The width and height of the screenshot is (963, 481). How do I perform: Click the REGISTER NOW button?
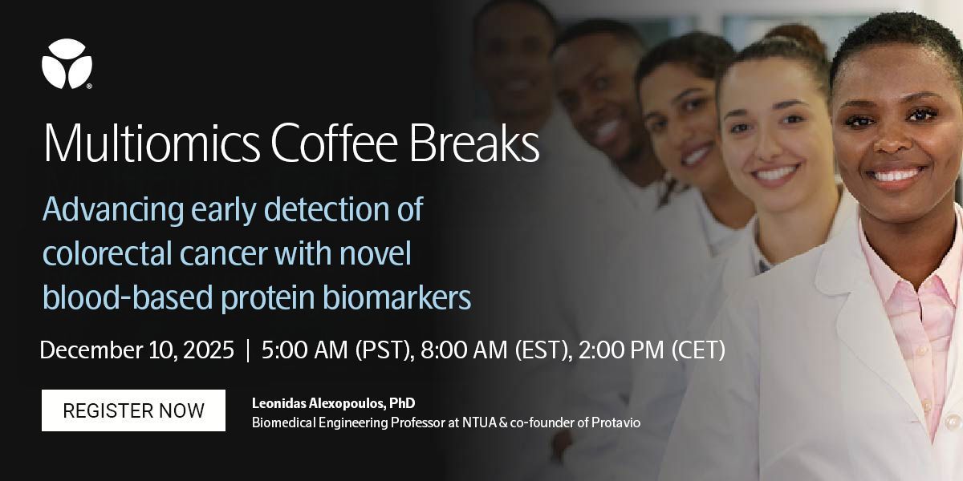[x=133, y=410]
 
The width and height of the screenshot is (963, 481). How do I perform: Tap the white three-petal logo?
[x=67, y=63]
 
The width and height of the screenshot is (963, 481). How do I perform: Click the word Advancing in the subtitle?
[x=113, y=211]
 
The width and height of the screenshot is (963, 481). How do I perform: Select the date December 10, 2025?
[x=137, y=350]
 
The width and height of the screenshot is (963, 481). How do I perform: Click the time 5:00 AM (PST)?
[x=334, y=350]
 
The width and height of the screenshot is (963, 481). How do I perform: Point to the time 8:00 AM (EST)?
[x=490, y=350]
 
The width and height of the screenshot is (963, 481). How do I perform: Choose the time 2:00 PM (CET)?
[x=648, y=350]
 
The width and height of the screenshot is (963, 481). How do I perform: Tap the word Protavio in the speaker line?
[x=616, y=422]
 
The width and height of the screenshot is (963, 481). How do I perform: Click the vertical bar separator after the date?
[x=248, y=350]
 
